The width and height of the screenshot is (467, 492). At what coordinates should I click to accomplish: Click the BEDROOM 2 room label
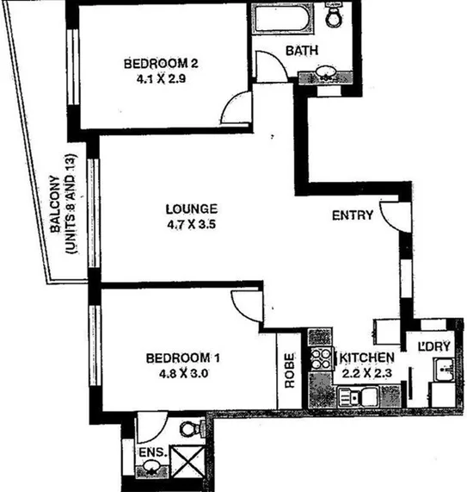(x=162, y=64)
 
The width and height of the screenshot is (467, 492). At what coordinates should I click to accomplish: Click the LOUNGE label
(x=192, y=209)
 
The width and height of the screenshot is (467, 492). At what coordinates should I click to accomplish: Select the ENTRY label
(x=353, y=215)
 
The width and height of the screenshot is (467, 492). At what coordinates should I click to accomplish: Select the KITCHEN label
(x=368, y=358)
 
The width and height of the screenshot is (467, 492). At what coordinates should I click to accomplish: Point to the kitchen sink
(x=352, y=397)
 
